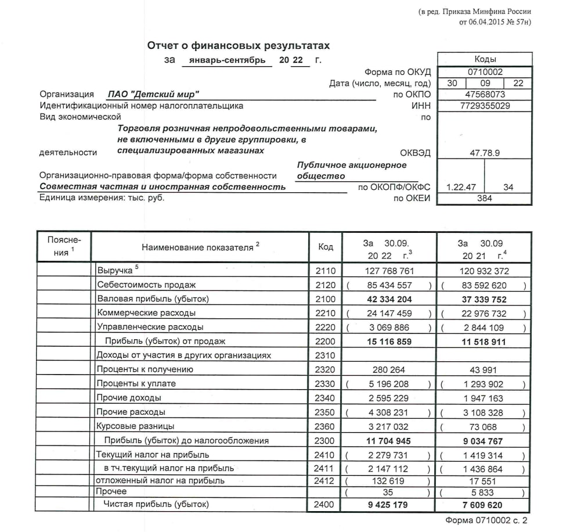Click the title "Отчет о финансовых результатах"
click(238, 45)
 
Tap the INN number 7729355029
click(485, 106)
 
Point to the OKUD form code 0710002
click(485, 72)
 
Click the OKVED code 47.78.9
click(485, 153)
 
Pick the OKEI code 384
click(485, 198)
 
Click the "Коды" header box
click(485, 59)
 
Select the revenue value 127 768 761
click(389, 271)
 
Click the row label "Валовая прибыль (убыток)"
click(153, 299)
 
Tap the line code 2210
click(326, 313)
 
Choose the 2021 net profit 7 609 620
click(483, 505)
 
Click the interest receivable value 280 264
click(389, 369)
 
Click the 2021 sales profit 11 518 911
click(483, 342)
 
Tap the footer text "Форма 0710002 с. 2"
click(486, 520)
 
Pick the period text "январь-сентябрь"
click(227, 60)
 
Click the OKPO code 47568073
click(485, 94)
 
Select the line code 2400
click(326, 505)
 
